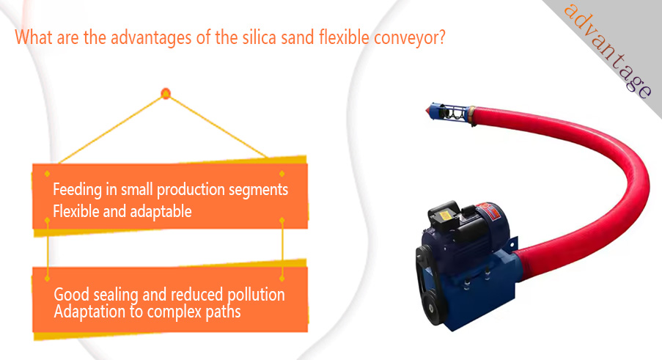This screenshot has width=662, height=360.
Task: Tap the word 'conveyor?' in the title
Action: [410, 37]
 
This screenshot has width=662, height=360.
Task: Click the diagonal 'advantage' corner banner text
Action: [608, 51]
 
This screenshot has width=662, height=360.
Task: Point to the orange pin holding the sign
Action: [166, 93]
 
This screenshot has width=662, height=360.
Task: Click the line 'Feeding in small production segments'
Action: [170, 189]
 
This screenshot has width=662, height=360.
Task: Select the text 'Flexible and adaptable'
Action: [122, 211]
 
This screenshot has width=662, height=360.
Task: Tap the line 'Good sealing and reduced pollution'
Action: [169, 294]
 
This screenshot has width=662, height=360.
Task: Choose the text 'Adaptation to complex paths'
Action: [147, 312]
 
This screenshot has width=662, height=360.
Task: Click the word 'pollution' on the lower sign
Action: [257, 295]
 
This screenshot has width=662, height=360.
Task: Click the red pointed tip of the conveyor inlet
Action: [430, 110]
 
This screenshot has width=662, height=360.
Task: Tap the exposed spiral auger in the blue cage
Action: [452, 113]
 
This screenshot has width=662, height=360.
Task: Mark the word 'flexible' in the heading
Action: [344, 37]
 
